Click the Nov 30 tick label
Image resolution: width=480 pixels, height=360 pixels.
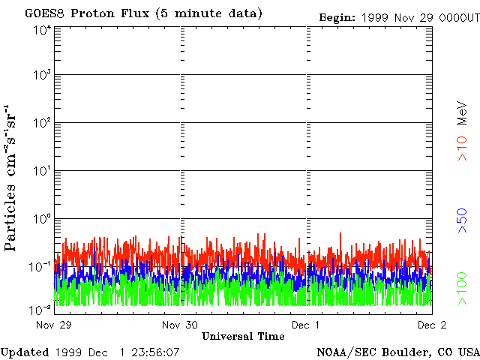pyautogui.click(x=179, y=325)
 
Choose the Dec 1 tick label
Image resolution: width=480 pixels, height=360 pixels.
pyautogui.click(x=306, y=325)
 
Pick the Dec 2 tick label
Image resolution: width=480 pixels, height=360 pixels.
pyautogui.click(x=432, y=325)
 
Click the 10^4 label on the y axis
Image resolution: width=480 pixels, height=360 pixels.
pyautogui.click(x=41, y=29)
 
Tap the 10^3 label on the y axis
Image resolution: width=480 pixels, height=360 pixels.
pyautogui.click(x=41, y=76)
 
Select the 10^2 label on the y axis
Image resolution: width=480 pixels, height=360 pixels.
pyautogui.click(x=41, y=123)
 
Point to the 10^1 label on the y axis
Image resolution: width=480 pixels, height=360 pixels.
pyautogui.click(x=41, y=171)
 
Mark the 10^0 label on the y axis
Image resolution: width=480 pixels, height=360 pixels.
pyautogui.click(x=41, y=218)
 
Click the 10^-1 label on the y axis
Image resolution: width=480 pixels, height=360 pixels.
pyautogui.click(x=40, y=265)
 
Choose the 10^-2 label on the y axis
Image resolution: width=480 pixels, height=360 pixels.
pyautogui.click(x=40, y=309)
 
